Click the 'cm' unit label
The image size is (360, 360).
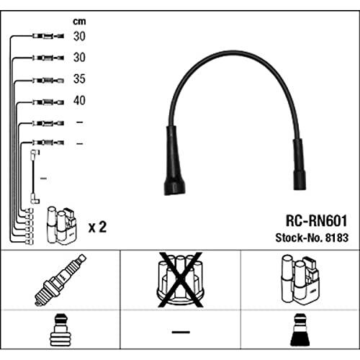click(79, 22)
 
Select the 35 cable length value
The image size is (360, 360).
click(79, 78)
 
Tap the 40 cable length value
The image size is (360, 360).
click(79, 100)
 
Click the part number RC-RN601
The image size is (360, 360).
click(316, 220)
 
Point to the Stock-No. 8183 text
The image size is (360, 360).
click(312, 238)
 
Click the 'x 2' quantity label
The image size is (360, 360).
click(97, 227)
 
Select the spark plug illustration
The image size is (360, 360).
click(60, 280)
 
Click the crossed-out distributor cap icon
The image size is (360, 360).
click(180, 279)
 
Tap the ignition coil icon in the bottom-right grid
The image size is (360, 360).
click(300, 280)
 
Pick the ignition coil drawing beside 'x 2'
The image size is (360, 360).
click(62, 225)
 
